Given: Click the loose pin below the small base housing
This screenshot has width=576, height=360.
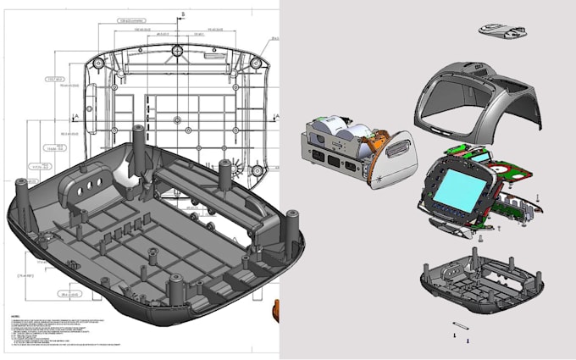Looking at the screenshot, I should (461, 326).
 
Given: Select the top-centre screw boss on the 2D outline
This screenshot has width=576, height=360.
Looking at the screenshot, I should (178, 52).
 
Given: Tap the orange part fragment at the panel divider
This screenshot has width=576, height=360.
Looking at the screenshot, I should (276, 309).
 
